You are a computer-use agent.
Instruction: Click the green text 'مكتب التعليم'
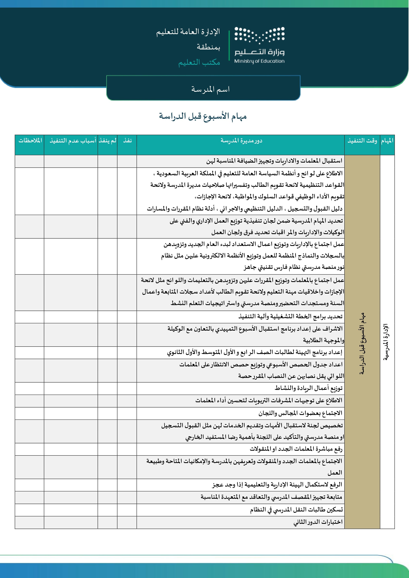(x=199, y=62)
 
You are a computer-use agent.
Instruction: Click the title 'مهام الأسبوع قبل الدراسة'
(x=203, y=116)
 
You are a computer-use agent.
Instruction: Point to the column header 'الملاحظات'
(x=30, y=141)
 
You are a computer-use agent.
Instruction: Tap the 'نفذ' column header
(x=127, y=141)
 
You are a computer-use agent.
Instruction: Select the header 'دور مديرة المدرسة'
(x=241, y=141)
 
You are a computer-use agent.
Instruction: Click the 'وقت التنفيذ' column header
(x=362, y=141)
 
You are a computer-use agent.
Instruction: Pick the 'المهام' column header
(x=387, y=141)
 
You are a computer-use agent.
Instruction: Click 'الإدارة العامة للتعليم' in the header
(x=188, y=32)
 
